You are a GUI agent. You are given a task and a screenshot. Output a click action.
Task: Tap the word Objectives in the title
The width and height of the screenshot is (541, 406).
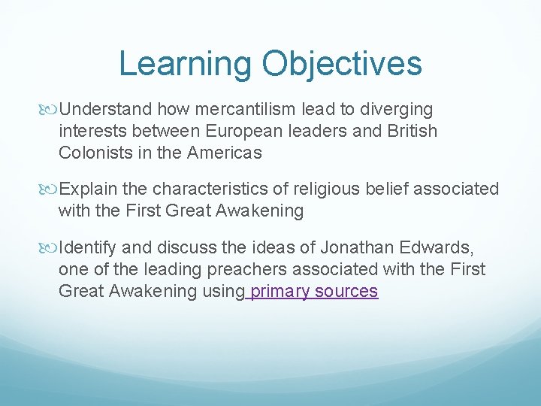[342, 64]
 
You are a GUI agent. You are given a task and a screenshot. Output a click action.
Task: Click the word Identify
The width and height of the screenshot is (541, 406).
[88, 247]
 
